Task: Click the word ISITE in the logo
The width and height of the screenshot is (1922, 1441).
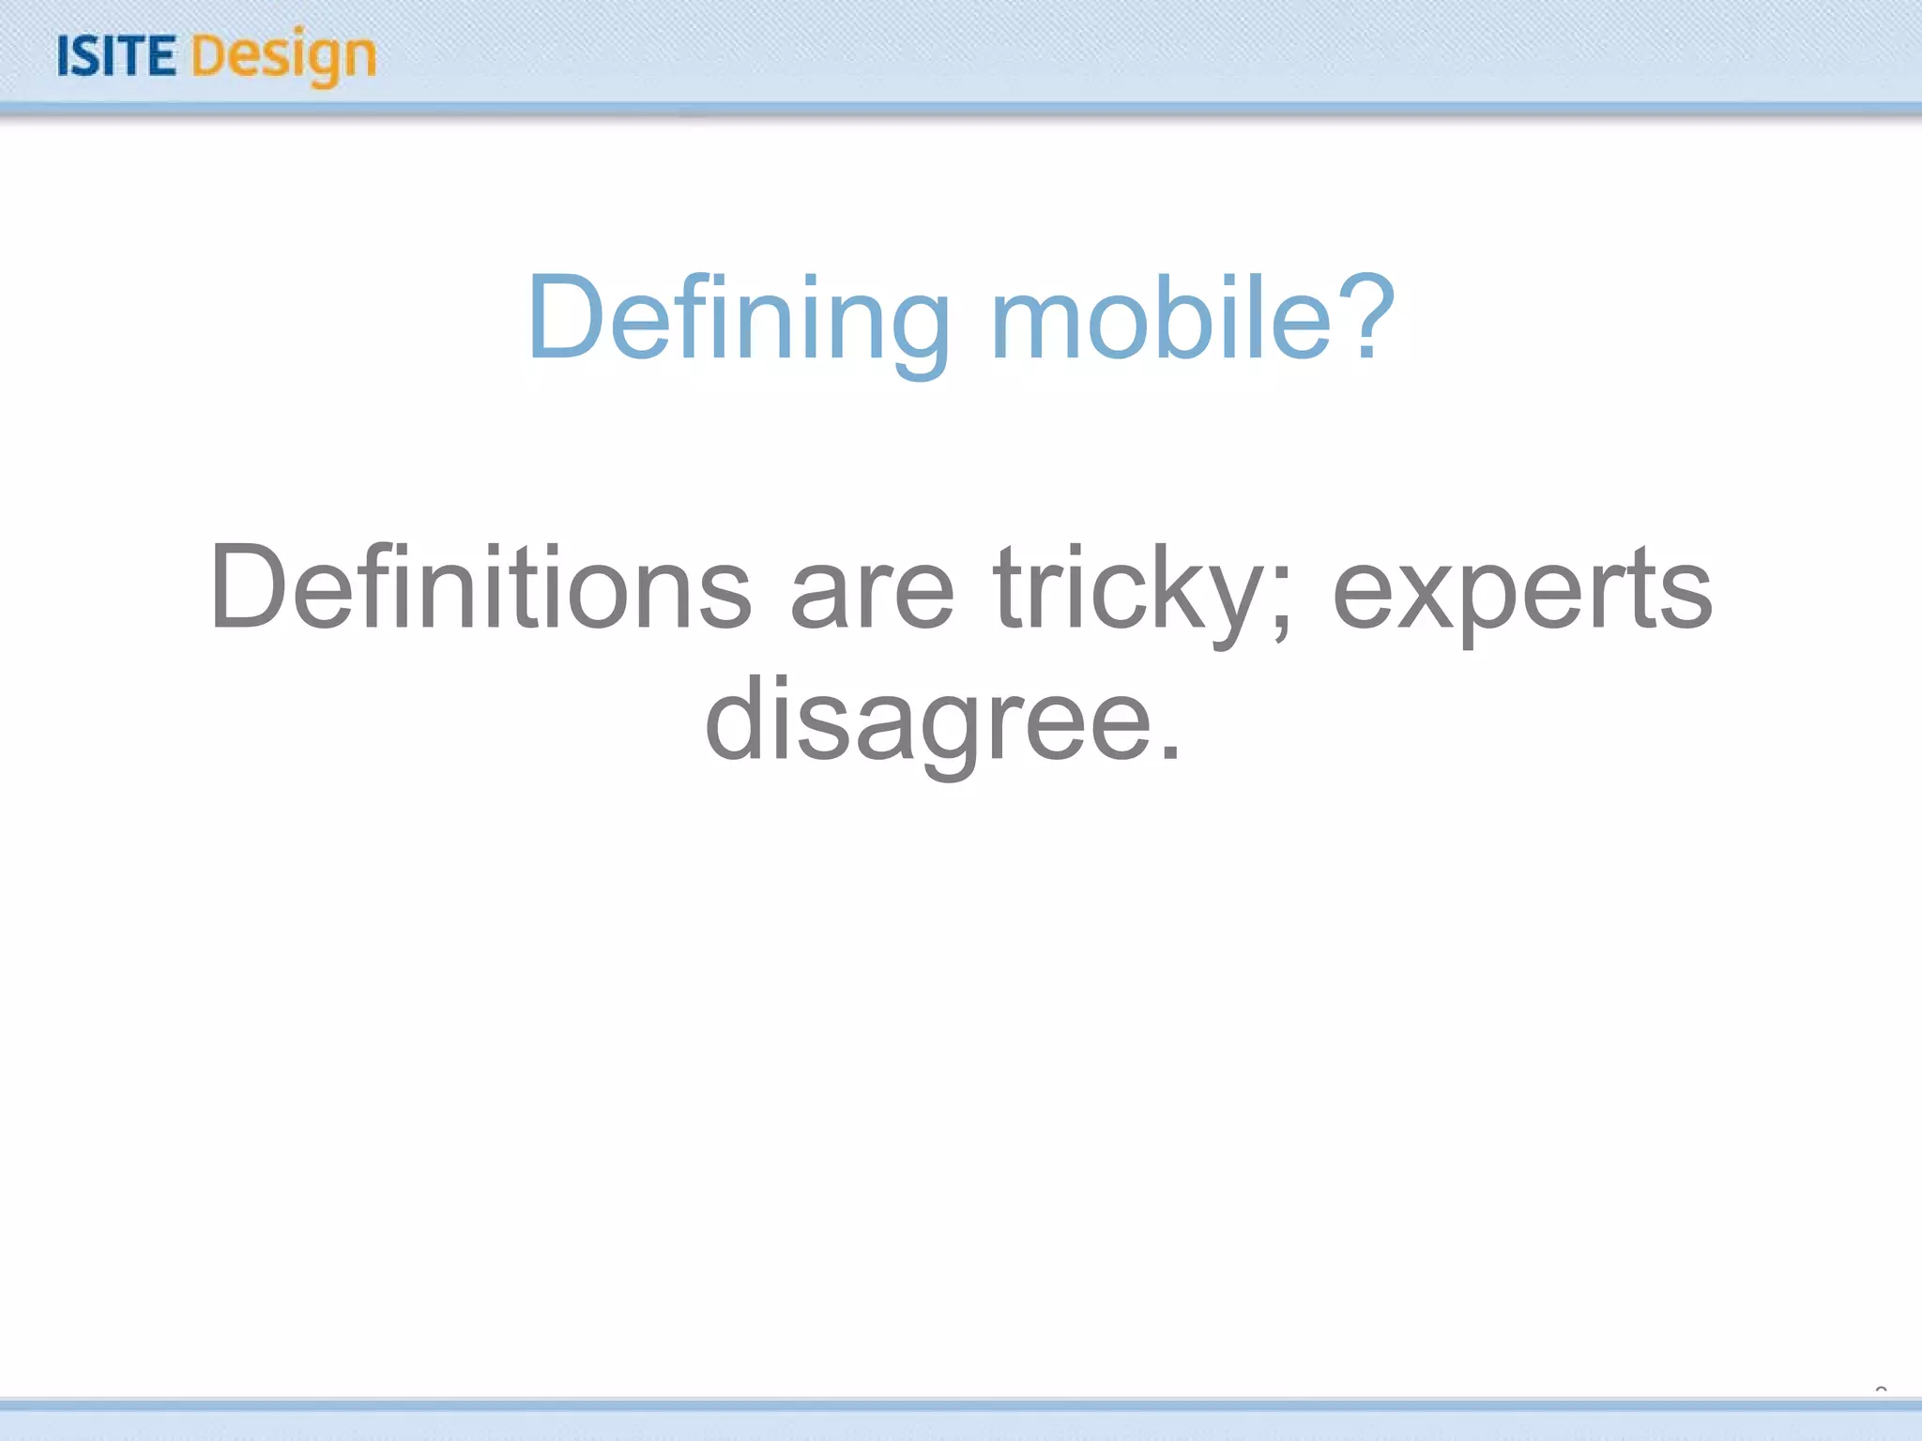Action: pyautogui.click(x=116, y=56)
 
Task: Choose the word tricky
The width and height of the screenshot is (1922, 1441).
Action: pyautogui.click(x=1130, y=591)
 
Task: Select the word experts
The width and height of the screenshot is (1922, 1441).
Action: pyautogui.click(x=1522, y=593)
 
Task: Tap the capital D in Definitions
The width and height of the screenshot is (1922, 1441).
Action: pyautogui.click(x=248, y=587)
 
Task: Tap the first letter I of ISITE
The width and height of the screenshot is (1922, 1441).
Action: pyautogui.click(x=64, y=56)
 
